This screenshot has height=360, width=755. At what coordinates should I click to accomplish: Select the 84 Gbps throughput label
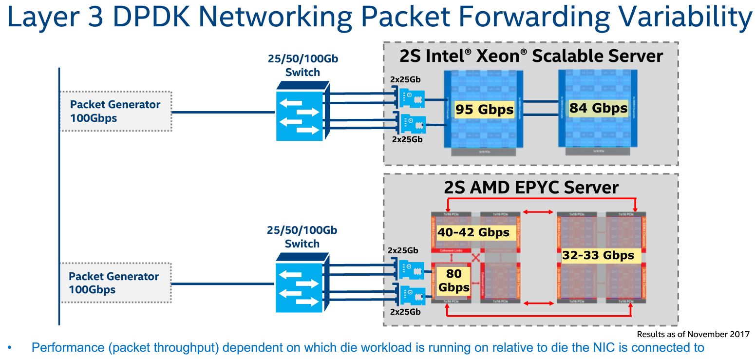[598, 108]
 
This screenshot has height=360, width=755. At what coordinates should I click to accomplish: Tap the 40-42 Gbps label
[473, 232]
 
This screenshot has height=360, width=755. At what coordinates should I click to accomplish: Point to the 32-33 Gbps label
[598, 255]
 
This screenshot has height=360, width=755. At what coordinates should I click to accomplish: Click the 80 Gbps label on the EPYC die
[453, 281]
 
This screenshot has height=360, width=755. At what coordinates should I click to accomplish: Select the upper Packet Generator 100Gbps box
[115, 111]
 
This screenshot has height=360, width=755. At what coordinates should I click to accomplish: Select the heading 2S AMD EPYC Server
[531, 188]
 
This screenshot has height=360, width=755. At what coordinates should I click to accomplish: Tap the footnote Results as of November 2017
[693, 334]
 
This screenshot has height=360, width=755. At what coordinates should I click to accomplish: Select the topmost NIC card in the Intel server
[410, 97]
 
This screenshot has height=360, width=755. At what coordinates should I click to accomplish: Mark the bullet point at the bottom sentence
[10, 348]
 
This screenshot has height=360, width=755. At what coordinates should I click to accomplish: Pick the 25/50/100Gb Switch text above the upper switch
[302, 66]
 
